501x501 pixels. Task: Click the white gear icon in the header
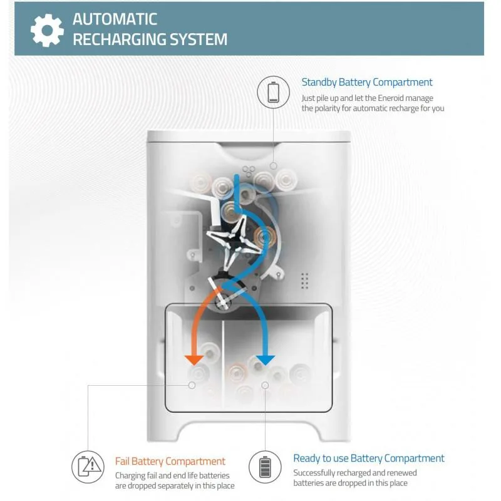click(x=47, y=30)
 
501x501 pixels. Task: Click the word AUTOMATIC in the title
click(x=115, y=19)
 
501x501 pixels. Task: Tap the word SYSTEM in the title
click(x=198, y=39)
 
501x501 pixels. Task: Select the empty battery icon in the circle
click(x=273, y=92)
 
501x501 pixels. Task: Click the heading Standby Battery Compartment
click(x=367, y=82)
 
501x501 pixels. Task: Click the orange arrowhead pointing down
click(x=194, y=359)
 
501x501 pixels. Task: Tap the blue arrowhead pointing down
click(x=266, y=359)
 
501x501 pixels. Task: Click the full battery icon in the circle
click(x=265, y=467)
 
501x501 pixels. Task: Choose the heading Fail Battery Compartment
click(x=170, y=461)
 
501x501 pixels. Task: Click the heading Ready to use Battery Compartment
click(x=369, y=458)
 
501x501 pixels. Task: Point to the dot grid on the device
click(x=304, y=281)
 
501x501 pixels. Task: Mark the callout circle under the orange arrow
click(x=192, y=385)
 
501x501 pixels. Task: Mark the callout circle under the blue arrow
click(x=265, y=385)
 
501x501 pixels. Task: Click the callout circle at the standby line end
click(x=274, y=166)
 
